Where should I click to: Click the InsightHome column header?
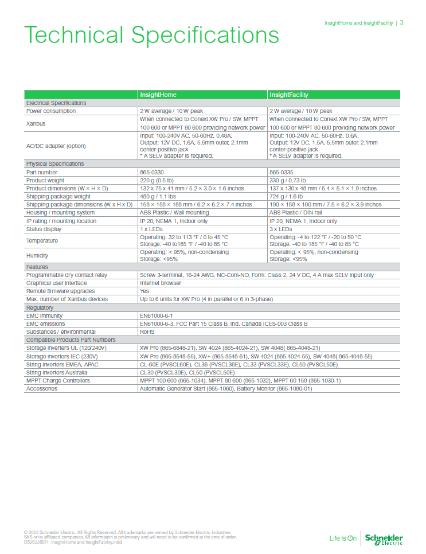158,95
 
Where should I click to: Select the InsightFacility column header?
289,95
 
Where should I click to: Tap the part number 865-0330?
152,172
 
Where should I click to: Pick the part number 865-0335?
281,172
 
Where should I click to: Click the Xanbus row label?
36,123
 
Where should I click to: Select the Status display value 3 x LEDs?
281,229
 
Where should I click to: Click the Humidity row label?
37,255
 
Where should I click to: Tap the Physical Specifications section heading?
55,164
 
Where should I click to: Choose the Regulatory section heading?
40,308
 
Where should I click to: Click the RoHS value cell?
147,331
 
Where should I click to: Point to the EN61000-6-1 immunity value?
157,316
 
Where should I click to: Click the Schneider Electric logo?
384,539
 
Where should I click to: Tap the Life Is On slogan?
343,539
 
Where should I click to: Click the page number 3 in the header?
401,23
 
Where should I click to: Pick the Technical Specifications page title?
151,36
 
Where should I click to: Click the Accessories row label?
41,389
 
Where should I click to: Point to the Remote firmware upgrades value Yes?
144,291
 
